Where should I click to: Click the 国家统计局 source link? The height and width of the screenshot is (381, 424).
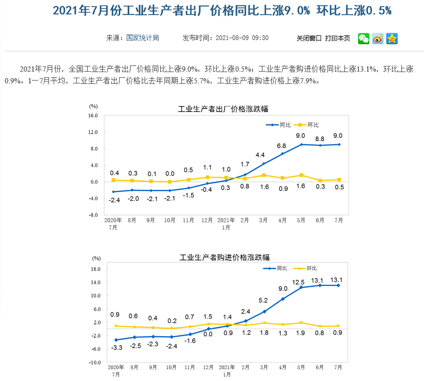coord(143,38)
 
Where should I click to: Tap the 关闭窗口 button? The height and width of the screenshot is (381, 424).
coord(309,38)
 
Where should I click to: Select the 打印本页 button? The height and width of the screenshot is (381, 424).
coord(338,38)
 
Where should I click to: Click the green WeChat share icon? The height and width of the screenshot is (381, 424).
coord(364,39)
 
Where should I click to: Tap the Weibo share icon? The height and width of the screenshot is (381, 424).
coord(378,39)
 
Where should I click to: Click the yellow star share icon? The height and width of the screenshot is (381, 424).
coord(392,39)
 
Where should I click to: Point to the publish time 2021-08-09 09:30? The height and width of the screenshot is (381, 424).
coord(242,38)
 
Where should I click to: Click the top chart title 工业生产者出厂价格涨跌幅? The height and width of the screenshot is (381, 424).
coord(223,109)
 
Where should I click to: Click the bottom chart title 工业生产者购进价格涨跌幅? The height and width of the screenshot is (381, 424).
coord(225,258)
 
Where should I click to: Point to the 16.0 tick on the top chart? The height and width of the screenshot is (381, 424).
coord(92,116)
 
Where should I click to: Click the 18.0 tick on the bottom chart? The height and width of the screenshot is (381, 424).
coord(96,269)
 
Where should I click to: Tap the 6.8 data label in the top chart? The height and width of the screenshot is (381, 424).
coord(282,146)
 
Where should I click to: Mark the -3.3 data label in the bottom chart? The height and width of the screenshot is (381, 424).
coord(116,348)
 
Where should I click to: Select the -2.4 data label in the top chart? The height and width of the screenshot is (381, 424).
coord(114,200)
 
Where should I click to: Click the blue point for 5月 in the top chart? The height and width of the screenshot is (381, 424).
coord(302,144)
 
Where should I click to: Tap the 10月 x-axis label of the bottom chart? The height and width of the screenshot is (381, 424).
coord(171,367)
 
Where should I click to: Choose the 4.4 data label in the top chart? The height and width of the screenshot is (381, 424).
coord(260,155)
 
